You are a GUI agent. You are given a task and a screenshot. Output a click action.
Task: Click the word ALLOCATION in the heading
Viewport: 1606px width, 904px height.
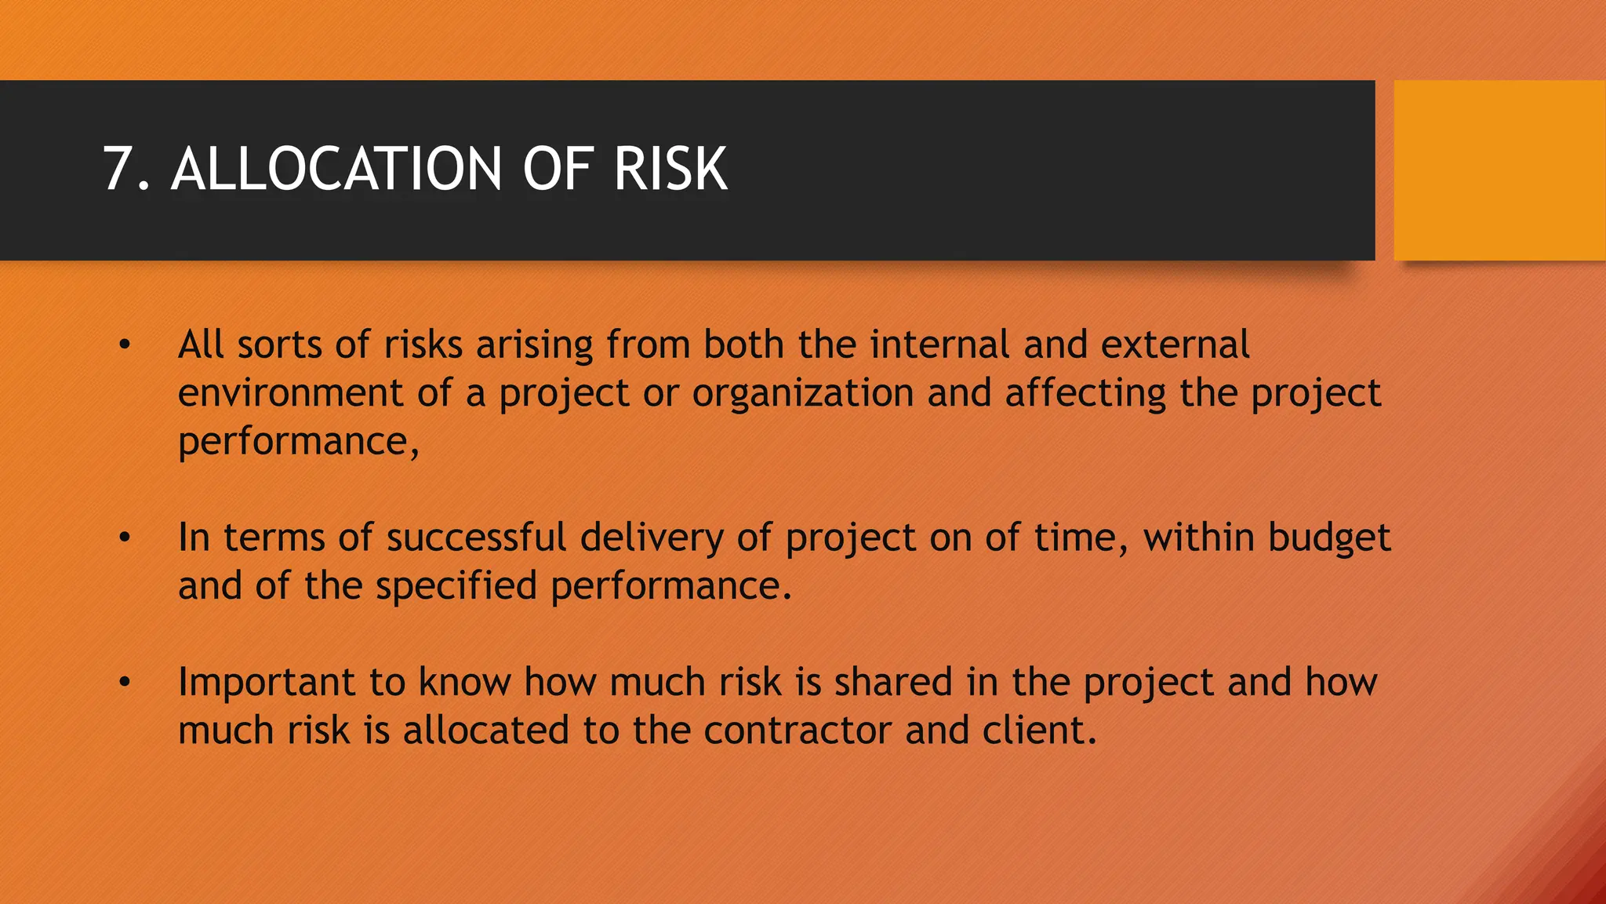pyautogui.click(x=336, y=169)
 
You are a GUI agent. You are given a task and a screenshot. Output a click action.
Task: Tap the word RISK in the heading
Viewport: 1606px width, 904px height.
pyautogui.click(x=670, y=169)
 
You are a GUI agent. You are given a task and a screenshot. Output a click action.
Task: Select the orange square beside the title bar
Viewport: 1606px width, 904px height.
pyautogui.click(x=1499, y=170)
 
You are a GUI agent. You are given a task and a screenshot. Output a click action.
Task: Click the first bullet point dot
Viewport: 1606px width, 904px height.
pyautogui.click(x=124, y=345)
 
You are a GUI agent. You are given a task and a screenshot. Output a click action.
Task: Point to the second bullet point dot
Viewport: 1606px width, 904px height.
pyautogui.click(x=124, y=538)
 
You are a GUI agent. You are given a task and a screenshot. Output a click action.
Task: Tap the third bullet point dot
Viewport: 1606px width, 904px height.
pyautogui.click(x=124, y=683)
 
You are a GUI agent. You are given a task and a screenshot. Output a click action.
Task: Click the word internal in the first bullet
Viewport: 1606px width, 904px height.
pyautogui.click(x=939, y=344)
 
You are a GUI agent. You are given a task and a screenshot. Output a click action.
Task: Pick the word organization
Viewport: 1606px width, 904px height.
pyautogui.click(x=802, y=394)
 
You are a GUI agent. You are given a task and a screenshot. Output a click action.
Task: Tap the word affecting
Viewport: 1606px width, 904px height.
pyautogui.click(x=1085, y=394)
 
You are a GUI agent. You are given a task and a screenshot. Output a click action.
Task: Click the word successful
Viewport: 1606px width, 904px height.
pyautogui.click(x=476, y=538)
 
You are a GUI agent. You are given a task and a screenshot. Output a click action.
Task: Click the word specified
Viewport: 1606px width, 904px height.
pyautogui.click(x=456, y=587)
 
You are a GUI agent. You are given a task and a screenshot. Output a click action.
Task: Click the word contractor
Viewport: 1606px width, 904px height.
pyautogui.click(x=798, y=731)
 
